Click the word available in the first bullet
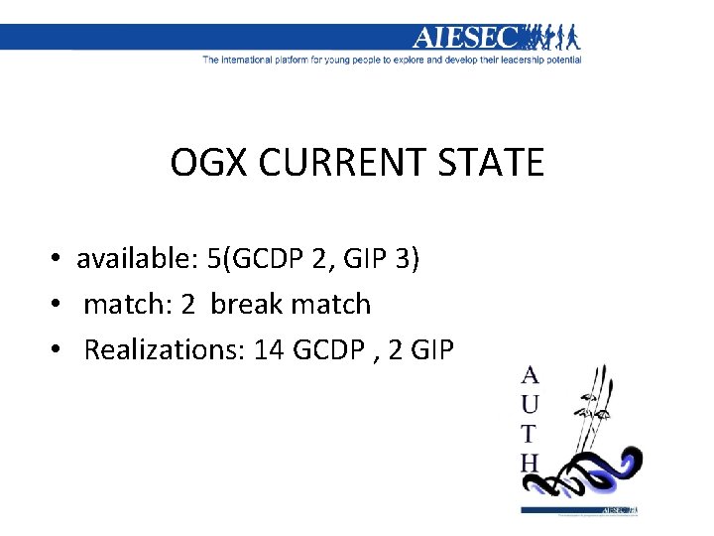click(x=135, y=259)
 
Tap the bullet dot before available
click(x=60, y=260)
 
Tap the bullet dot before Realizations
click(x=60, y=350)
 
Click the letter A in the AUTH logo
click(x=531, y=375)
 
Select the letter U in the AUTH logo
click(x=531, y=405)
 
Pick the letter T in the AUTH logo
click(x=531, y=434)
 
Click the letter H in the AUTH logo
click(x=531, y=463)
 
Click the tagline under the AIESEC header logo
click(x=392, y=60)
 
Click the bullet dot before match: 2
click(x=60, y=305)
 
